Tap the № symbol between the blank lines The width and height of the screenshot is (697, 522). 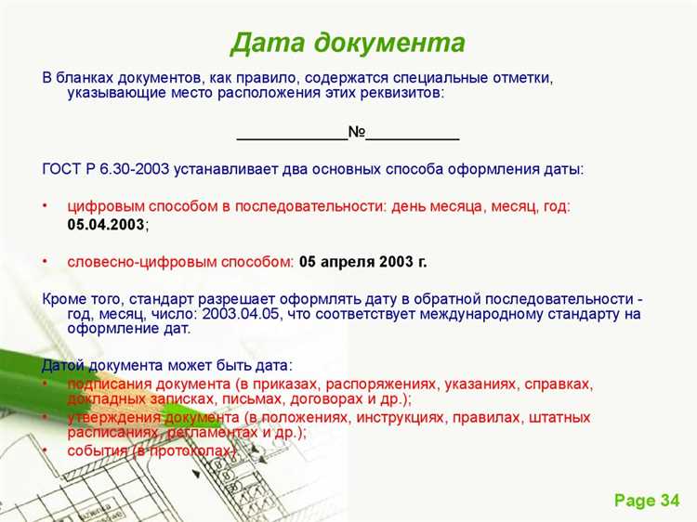(357, 133)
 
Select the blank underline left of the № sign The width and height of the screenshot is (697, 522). (292, 137)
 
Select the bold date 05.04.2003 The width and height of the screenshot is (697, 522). (106, 225)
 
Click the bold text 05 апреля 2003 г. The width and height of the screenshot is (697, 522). (362, 262)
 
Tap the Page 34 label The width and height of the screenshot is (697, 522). (647, 501)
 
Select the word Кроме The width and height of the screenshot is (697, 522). (64, 299)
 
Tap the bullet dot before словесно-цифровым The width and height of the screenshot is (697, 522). (45, 262)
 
